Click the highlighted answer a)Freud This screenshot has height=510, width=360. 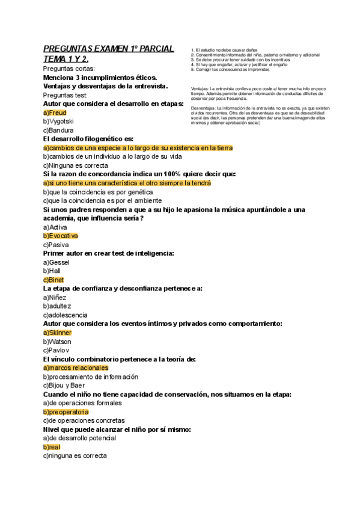coord(55,112)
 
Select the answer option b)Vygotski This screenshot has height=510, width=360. coord(59,121)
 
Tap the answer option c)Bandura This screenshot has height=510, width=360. coord(59,130)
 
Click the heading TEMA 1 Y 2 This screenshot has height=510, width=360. coord(66,59)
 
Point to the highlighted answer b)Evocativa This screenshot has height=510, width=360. coord(61,236)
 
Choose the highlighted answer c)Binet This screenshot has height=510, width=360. coord(53,280)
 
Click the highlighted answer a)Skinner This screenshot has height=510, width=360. coord(58,332)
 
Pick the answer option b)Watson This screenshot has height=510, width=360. coord(57,341)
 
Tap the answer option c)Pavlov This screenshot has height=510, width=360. coord(56,349)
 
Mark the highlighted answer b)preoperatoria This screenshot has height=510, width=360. coord(66,412)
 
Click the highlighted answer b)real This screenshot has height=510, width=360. coord(52,447)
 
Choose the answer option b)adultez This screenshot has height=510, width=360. coord(58,306)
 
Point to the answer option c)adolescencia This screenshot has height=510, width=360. coord(66,315)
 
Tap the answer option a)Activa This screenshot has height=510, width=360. coord(55,227)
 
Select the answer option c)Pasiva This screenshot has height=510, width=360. coord(56,245)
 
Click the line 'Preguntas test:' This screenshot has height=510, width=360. coord(66,95)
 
